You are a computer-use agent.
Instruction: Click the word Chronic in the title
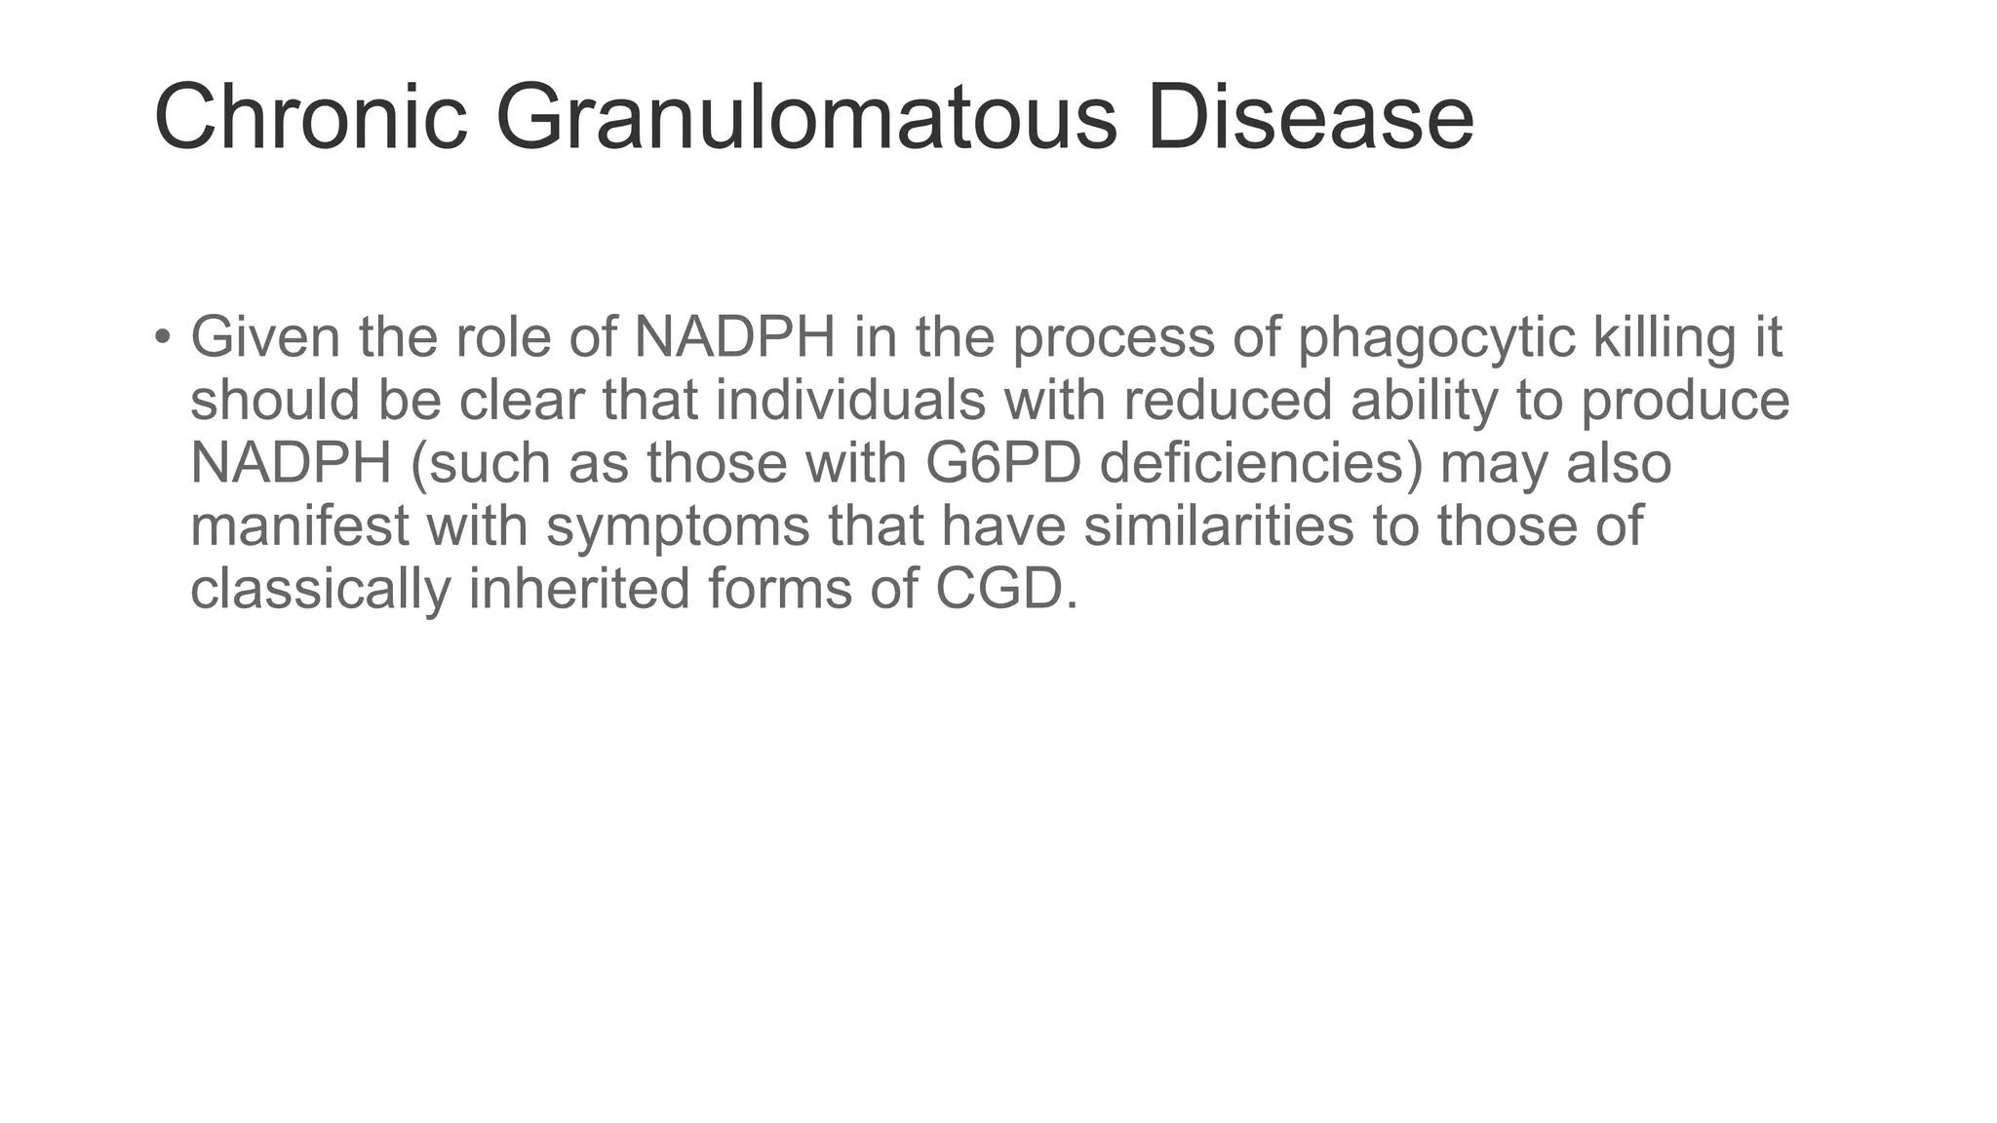(x=310, y=118)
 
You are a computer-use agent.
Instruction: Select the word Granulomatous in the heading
(x=805, y=118)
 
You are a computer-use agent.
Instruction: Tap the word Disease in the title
(x=1310, y=118)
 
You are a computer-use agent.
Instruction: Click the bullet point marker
(x=162, y=337)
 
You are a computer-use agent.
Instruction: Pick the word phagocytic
(x=1436, y=337)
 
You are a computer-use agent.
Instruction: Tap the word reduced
(x=1228, y=401)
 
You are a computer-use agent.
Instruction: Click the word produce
(x=1685, y=401)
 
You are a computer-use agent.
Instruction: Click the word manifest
(x=299, y=526)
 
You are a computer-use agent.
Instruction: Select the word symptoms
(x=678, y=526)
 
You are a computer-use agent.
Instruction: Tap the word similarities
(x=1219, y=526)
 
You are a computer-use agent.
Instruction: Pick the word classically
(x=321, y=589)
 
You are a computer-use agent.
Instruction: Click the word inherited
(x=579, y=589)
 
